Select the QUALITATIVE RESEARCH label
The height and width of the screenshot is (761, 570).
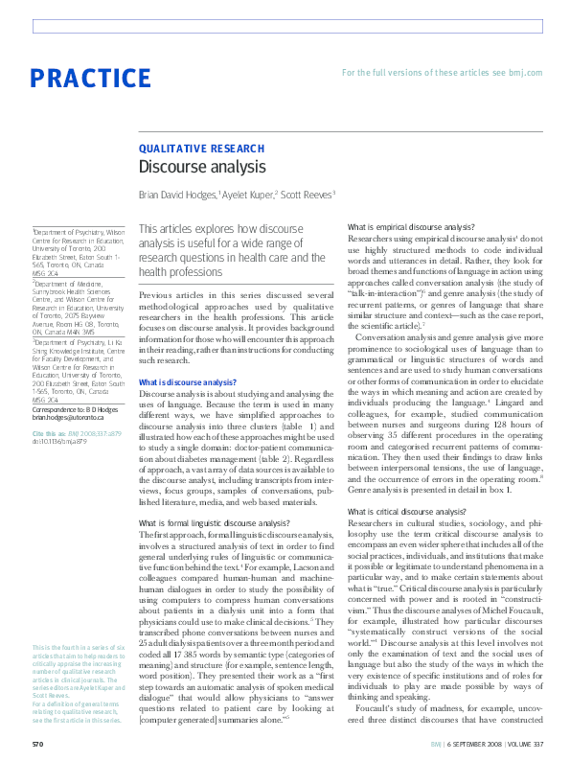pyautogui.click(x=202, y=149)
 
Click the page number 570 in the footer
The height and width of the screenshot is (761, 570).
pyautogui.click(x=37, y=743)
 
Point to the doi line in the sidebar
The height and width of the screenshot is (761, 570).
pyautogui.click(x=61, y=442)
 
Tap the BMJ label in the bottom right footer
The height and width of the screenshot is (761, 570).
pyautogui.click(x=436, y=743)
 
